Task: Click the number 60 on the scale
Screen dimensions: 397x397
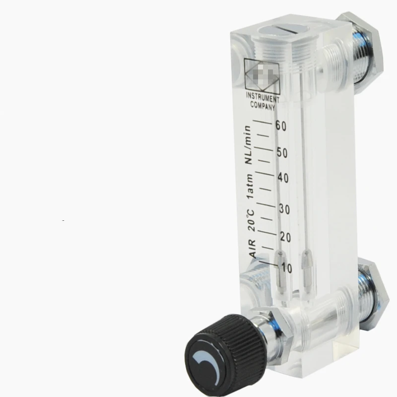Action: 281,126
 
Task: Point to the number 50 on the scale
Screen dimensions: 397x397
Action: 282,152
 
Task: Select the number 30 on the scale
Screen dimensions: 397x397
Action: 284,209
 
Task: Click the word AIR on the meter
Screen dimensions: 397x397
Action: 252,248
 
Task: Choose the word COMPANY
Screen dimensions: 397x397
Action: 263,105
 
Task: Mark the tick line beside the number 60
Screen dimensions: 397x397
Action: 263,122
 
